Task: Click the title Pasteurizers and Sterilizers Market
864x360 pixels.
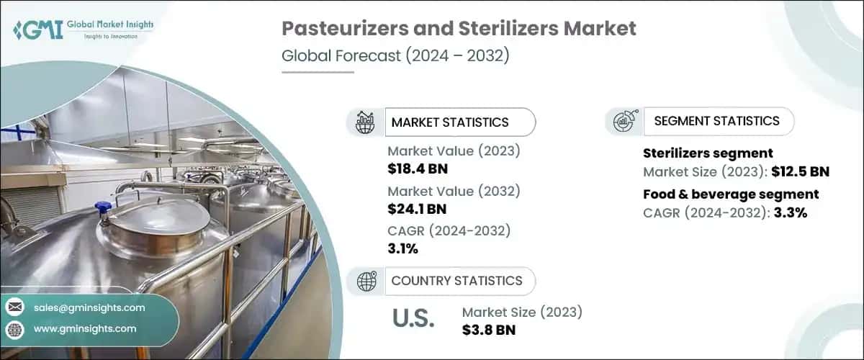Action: click(459, 29)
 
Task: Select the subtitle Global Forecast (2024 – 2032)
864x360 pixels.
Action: click(395, 55)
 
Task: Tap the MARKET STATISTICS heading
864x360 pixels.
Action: click(449, 122)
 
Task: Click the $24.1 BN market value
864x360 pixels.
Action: click(417, 210)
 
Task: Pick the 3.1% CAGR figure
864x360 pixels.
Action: click(402, 249)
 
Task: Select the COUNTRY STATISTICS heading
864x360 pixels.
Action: click(456, 281)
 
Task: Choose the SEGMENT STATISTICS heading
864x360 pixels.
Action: click(716, 121)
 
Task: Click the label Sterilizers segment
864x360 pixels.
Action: click(707, 153)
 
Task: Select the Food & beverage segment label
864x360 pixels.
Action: click(730, 194)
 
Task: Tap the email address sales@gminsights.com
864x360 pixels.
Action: click(89, 307)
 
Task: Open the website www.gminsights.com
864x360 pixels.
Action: click(85, 328)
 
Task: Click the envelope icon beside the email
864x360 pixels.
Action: click(15, 307)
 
